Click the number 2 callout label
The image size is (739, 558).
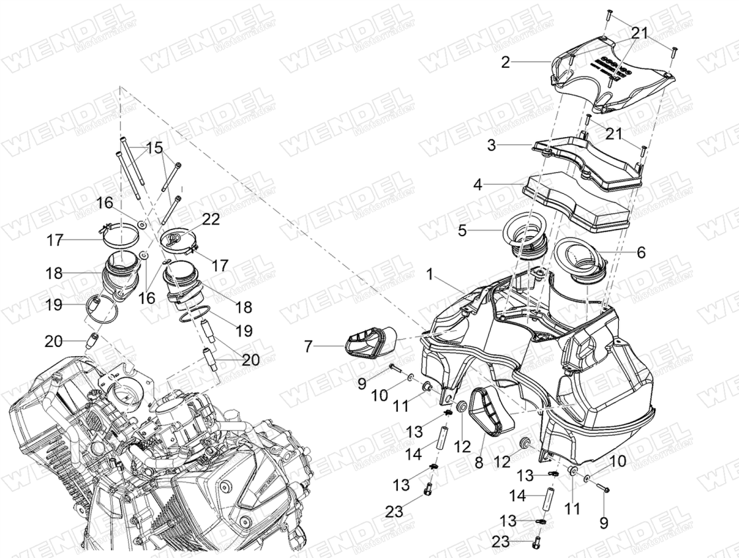coord(505,63)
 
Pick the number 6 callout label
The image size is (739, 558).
coord(640,253)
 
